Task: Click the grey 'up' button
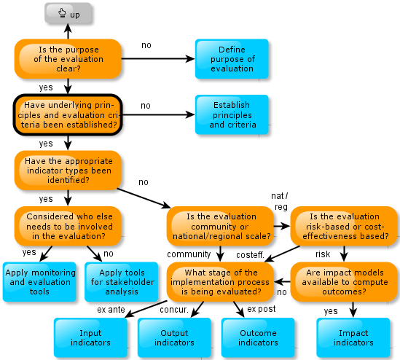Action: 68,13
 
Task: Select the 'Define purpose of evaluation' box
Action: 232,59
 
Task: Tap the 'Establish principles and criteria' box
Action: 232,114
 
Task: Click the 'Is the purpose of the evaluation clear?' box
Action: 68,59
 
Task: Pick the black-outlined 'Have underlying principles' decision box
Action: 68,114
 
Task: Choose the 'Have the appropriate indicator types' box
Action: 68,171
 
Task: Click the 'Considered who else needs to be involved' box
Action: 68,227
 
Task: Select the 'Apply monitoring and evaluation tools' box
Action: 39,282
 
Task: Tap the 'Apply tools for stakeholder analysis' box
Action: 122,282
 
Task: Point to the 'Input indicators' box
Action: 90,337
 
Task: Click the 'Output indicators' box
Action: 174,337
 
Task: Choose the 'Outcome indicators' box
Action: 258,337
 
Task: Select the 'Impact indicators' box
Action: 353,337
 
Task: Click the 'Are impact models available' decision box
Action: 344,282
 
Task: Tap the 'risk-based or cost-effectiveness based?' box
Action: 344,227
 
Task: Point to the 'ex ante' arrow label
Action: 111,310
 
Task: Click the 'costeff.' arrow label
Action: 250,255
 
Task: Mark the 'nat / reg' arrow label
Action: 280,201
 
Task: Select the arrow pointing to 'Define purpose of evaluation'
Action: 158,59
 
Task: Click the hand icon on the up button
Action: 62,12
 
